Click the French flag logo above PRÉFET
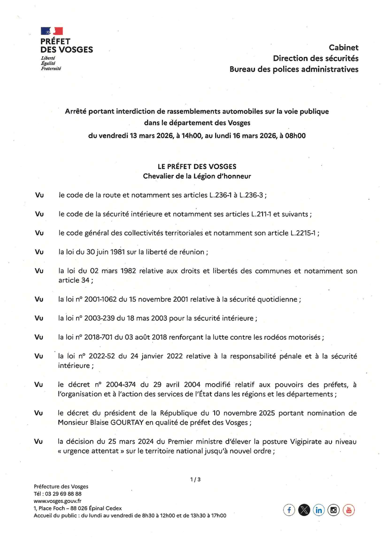click(x=52, y=31)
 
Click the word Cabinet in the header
click(x=344, y=47)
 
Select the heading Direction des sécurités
click(x=316, y=58)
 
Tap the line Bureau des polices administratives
click(x=294, y=69)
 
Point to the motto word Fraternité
click(x=51, y=68)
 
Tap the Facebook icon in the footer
click(x=289, y=510)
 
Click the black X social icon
click(x=304, y=510)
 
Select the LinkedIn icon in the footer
click(x=319, y=510)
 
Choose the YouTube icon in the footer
click(x=348, y=510)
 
